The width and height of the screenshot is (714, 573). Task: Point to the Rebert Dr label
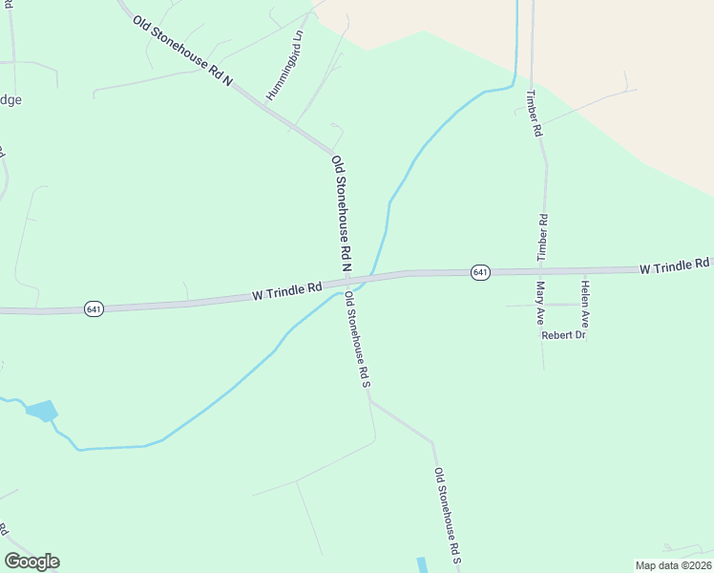[x=562, y=335]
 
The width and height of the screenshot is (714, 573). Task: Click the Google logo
[x=31, y=562]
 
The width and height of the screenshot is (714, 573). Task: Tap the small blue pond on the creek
[x=42, y=412]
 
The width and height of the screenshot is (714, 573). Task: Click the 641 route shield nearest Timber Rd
[x=480, y=273]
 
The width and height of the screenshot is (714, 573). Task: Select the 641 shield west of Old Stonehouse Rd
[x=94, y=309]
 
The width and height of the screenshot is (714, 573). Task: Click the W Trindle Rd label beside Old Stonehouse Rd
[x=285, y=291]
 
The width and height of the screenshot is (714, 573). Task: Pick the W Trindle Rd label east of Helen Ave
[x=675, y=266]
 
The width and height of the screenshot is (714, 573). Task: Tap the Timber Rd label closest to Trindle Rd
[x=543, y=238]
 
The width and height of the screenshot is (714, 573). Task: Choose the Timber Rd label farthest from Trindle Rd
[x=535, y=115]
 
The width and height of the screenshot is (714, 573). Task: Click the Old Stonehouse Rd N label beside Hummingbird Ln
[x=182, y=52]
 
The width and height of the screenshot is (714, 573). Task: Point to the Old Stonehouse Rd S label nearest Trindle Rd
[x=357, y=341]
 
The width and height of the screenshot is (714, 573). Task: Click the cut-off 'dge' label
[x=10, y=99]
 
